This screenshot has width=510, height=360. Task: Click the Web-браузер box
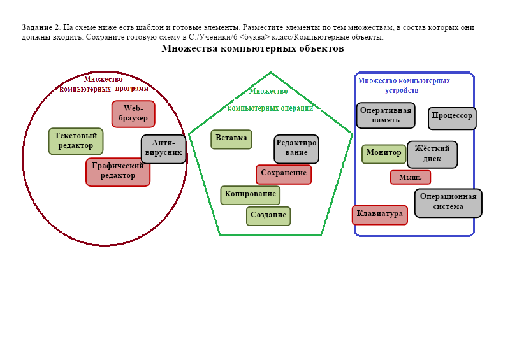click(133, 113)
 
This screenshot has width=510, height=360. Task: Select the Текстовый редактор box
click(76, 141)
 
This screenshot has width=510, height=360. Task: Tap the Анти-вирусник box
click(163, 148)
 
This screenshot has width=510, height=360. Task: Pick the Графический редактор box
click(118, 171)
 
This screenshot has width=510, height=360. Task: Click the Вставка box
click(231, 139)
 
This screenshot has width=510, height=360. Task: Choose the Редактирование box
click(296, 148)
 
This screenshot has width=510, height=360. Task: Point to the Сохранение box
click(284, 174)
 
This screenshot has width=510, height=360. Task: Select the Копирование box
click(251, 195)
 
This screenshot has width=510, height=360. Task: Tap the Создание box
click(268, 216)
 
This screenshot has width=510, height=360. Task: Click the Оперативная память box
click(386, 115)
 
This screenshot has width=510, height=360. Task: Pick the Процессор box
click(452, 118)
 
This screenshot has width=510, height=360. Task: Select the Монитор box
click(384, 154)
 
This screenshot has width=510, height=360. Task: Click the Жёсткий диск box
click(432, 154)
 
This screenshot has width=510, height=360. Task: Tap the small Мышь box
click(411, 177)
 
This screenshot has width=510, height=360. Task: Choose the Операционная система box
click(448, 202)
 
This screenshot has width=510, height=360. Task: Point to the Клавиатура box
click(380, 215)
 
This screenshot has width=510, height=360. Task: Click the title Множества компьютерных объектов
click(252, 48)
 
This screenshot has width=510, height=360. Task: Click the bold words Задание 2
click(40, 27)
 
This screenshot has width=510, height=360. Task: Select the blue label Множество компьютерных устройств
click(404, 85)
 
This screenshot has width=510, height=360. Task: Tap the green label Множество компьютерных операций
click(270, 99)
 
